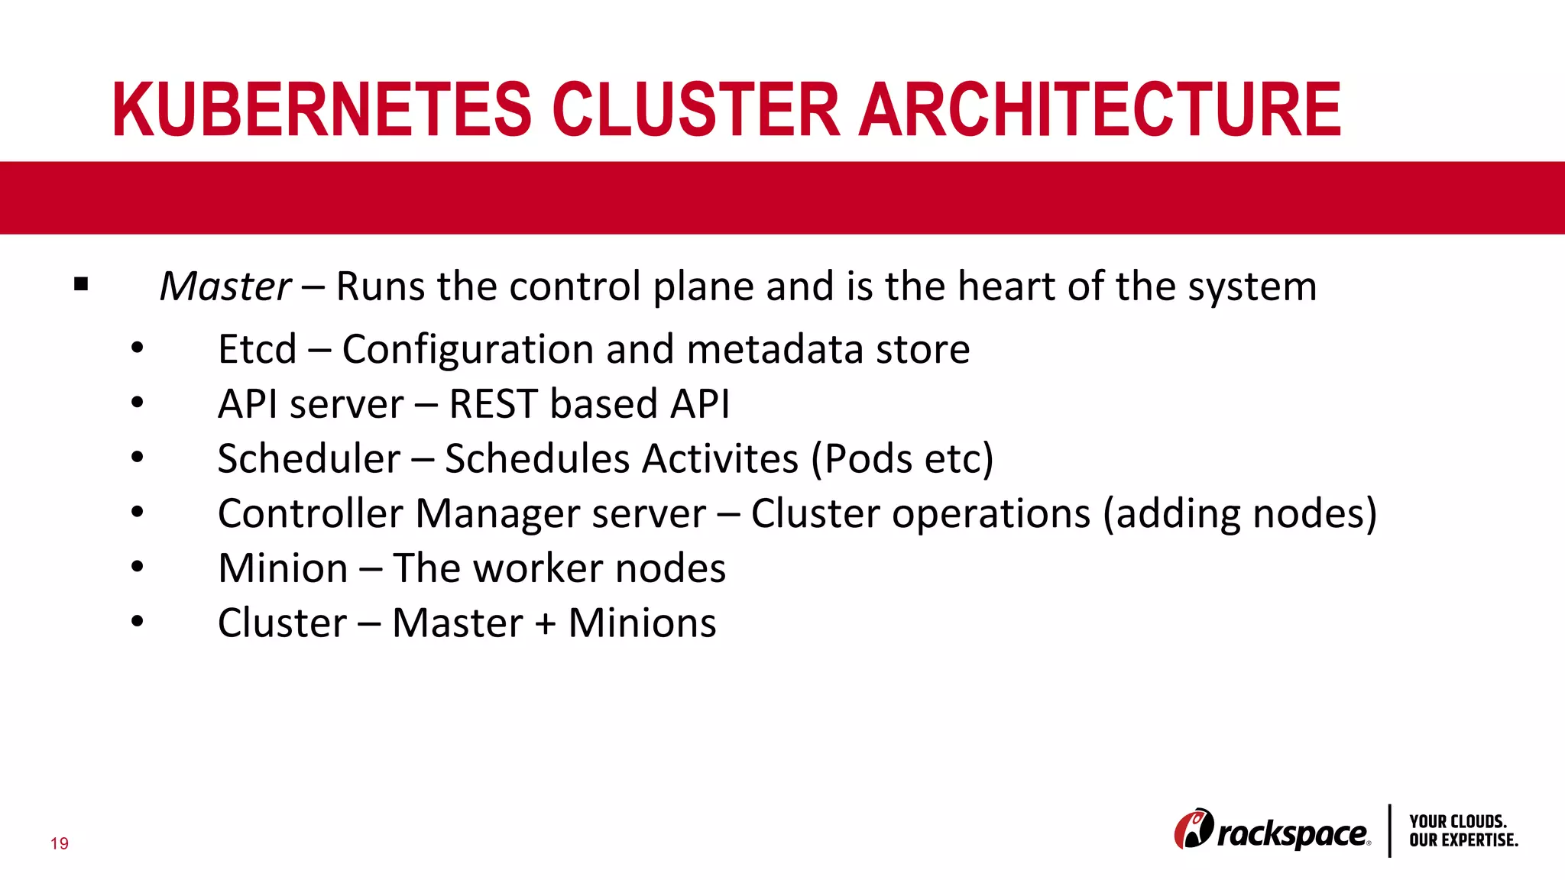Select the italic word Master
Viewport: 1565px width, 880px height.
tap(225, 287)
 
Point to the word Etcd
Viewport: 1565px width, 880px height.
tap(257, 350)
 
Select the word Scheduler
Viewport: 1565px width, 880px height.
tap(309, 459)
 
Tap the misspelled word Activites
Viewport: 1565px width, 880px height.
tap(720, 459)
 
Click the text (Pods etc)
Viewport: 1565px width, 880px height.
tap(902, 459)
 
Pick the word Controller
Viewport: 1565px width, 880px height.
tap(309, 513)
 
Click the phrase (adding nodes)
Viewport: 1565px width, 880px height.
tap(1239, 513)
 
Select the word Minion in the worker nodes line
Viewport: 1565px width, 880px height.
tap(283, 569)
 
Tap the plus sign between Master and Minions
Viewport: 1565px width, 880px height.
tap(545, 624)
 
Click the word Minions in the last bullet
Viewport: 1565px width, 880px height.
tap(642, 623)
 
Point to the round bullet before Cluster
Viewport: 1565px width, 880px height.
tap(137, 622)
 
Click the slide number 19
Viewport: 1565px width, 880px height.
tap(60, 843)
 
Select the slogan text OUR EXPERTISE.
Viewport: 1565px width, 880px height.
tap(1463, 840)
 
